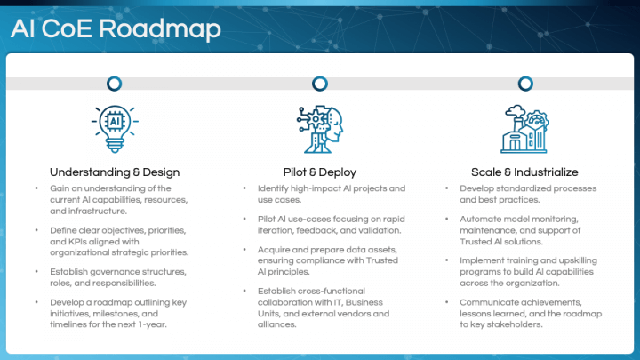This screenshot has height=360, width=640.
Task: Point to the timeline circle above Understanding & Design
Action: pyautogui.click(x=114, y=84)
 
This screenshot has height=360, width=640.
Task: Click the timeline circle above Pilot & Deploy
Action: pyautogui.click(x=319, y=84)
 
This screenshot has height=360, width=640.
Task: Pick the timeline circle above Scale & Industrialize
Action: pyautogui.click(x=524, y=84)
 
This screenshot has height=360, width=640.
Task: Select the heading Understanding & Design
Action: pyautogui.click(x=114, y=172)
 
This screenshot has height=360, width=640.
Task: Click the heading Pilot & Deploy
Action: pyautogui.click(x=319, y=172)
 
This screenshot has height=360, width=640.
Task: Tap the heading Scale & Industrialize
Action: pyautogui.click(x=524, y=172)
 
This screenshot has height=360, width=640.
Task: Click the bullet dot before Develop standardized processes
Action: pyautogui.click(x=449, y=188)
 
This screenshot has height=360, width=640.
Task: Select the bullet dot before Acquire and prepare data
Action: pyautogui.click(x=244, y=250)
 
